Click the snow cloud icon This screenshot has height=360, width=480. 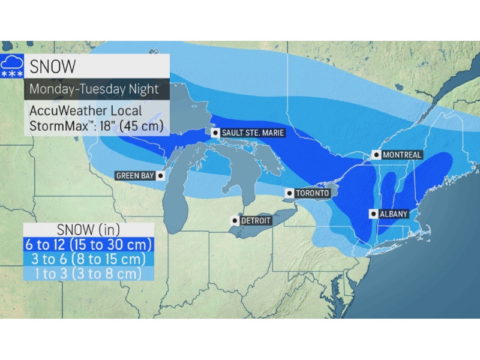[x=12, y=65]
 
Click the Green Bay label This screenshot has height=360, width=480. [x=135, y=176]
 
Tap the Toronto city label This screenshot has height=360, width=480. [x=311, y=193]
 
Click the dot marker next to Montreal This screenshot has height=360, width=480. [x=376, y=155]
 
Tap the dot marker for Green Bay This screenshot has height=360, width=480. [x=160, y=176]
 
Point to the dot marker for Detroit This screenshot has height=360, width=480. [x=234, y=220]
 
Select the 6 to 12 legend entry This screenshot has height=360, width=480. [x=88, y=244]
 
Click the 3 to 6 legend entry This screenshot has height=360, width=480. [x=88, y=259]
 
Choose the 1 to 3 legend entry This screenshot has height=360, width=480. [x=88, y=274]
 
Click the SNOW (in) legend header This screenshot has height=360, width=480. [x=88, y=230]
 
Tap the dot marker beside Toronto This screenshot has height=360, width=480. [x=289, y=193]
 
